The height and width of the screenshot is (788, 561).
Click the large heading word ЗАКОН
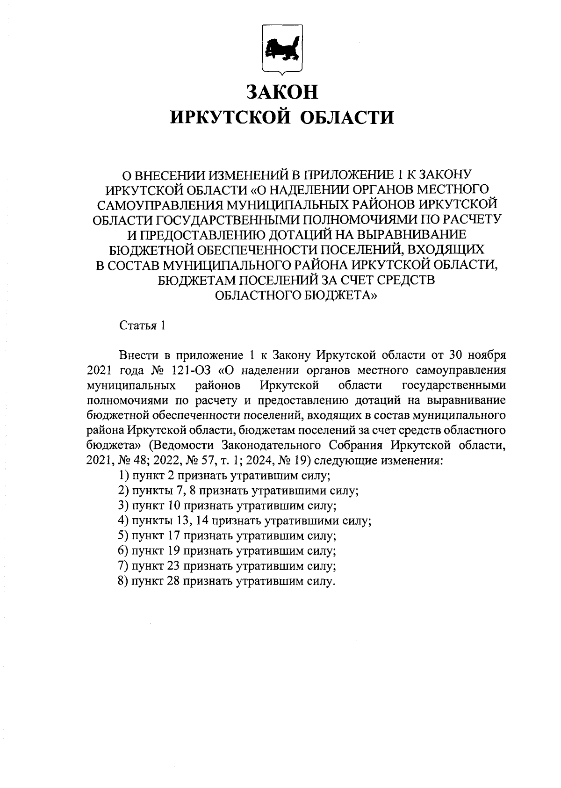coord(282,92)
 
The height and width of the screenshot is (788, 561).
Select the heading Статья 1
coord(142,325)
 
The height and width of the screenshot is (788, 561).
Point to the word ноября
coord(486,355)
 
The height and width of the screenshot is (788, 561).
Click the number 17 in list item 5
coord(173,536)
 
